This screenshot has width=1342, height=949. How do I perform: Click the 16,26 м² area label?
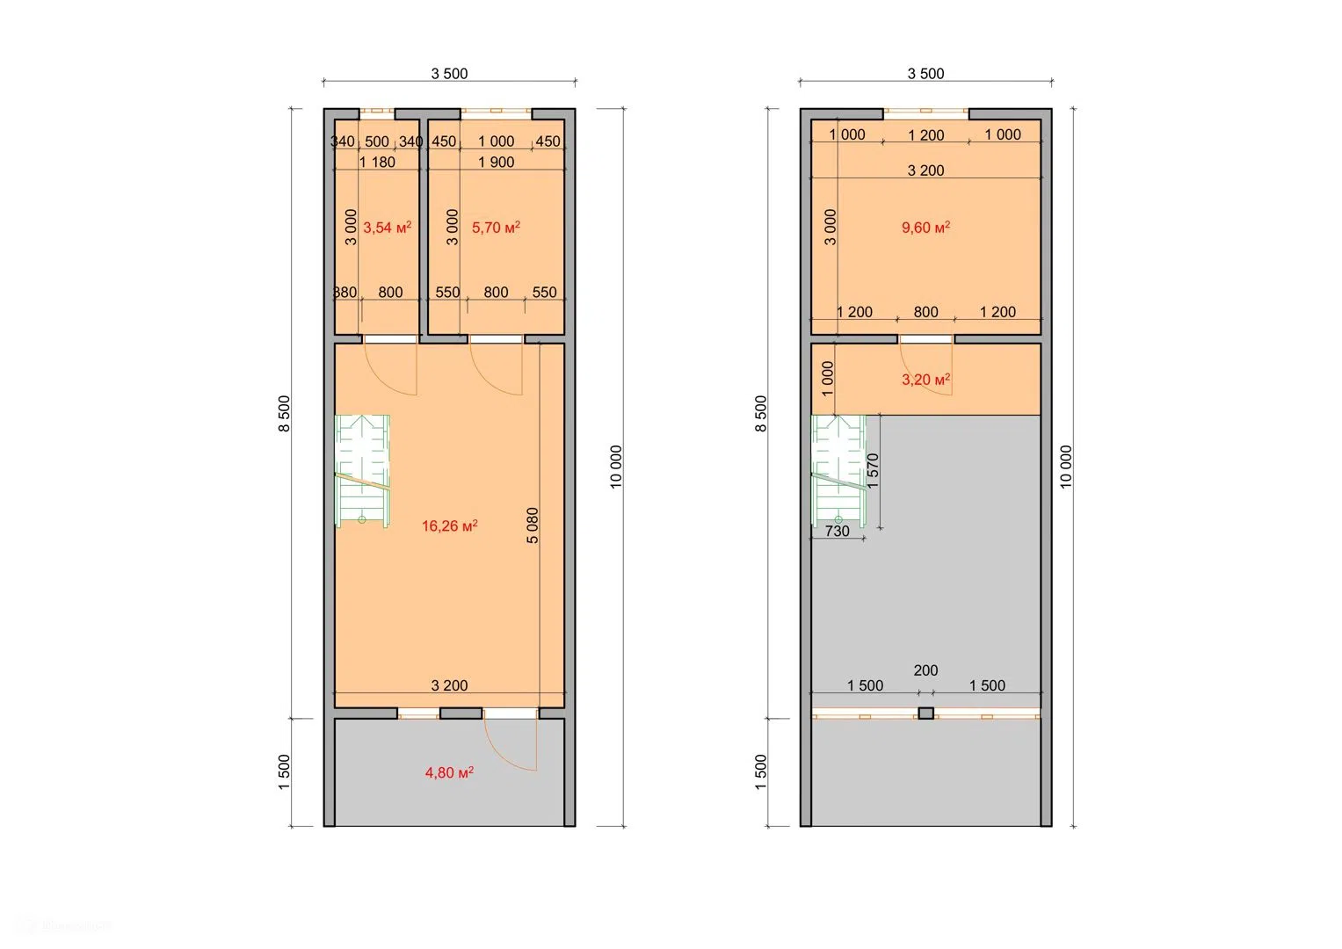click(x=449, y=526)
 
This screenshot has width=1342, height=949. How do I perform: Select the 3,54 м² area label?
click(x=387, y=228)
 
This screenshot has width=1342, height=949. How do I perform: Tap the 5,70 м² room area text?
click(x=496, y=228)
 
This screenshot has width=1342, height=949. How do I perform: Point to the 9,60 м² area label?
click(x=925, y=228)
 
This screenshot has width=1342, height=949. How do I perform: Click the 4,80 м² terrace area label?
click(x=449, y=773)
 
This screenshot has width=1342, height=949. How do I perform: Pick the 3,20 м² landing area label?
click(x=925, y=380)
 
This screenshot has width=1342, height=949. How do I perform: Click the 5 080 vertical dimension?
click(x=533, y=525)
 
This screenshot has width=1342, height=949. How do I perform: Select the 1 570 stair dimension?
click(x=873, y=470)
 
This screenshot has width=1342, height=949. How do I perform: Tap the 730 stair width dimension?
click(x=837, y=531)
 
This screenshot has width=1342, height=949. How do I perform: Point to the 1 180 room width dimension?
click(x=377, y=163)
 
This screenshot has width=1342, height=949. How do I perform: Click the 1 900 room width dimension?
click(x=496, y=163)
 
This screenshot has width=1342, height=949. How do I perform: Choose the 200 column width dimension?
click(x=925, y=670)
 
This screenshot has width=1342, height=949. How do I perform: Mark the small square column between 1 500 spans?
click(x=926, y=713)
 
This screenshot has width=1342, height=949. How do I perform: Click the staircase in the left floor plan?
click(x=362, y=472)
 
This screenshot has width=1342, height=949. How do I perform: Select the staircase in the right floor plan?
click(x=838, y=472)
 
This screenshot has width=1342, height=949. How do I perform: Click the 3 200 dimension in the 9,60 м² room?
click(x=925, y=170)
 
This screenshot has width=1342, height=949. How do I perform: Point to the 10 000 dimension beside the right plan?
click(x=1066, y=467)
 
